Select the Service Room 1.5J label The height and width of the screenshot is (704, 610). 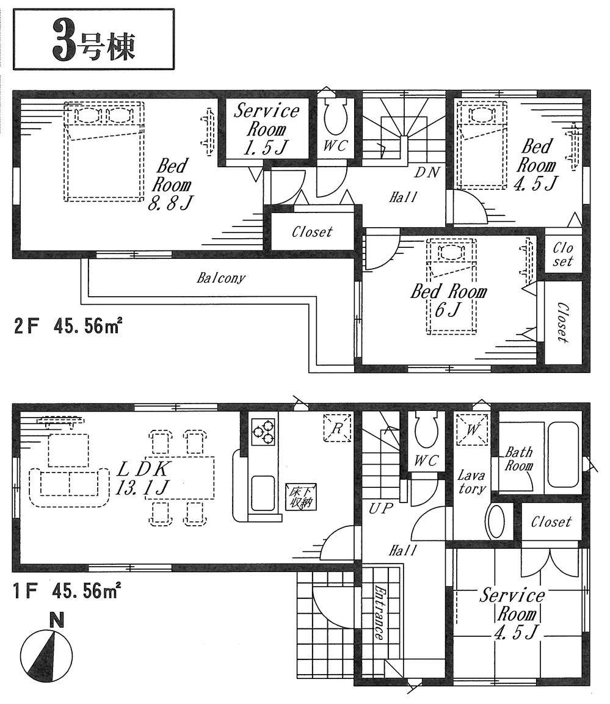tap(267, 129)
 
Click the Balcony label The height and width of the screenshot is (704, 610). tap(220, 278)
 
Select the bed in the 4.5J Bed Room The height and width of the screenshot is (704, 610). tap(482, 145)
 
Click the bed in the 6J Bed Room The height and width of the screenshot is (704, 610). tap(451, 286)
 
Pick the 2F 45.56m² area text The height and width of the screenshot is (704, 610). tap(67, 327)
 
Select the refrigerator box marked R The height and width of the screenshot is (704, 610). tap(337, 427)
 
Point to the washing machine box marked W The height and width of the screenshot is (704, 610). tap(473, 427)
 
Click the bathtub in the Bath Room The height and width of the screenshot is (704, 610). tap(562, 454)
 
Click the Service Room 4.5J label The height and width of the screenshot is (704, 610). tap(511, 614)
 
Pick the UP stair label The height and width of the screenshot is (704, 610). tap(379, 508)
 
